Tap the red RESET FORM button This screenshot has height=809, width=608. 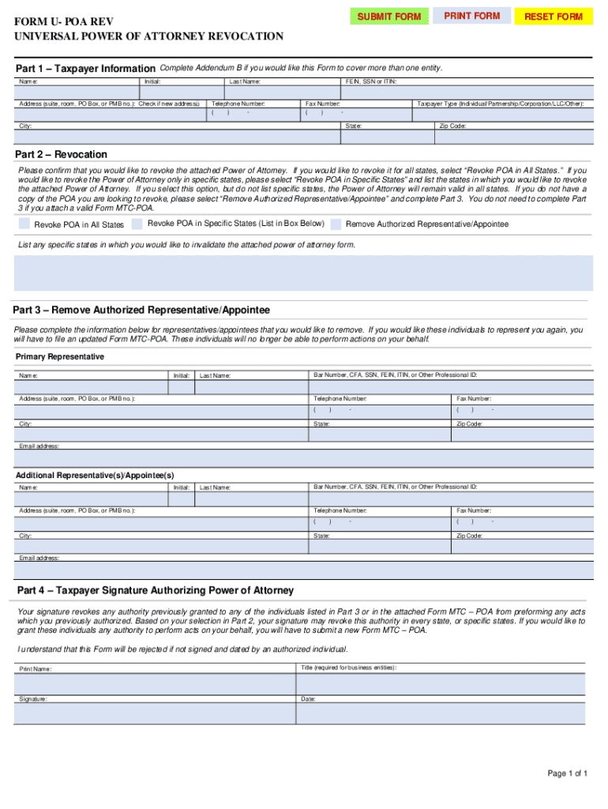pyautogui.click(x=554, y=17)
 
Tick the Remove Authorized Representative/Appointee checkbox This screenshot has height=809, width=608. pyautogui.click(x=336, y=224)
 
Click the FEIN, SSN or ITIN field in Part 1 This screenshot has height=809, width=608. pyautogui.click(x=465, y=92)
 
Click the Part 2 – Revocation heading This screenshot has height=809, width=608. pyautogui.click(x=62, y=154)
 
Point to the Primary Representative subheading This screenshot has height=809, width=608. pyautogui.click(x=60, y=357)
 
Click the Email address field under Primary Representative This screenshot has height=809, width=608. pyautogui.click(x=303, y=459)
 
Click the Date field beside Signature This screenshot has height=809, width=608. pyautogui.click(x=441, y=714)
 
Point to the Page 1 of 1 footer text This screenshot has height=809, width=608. pyautogui.click(x=567, y=773)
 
